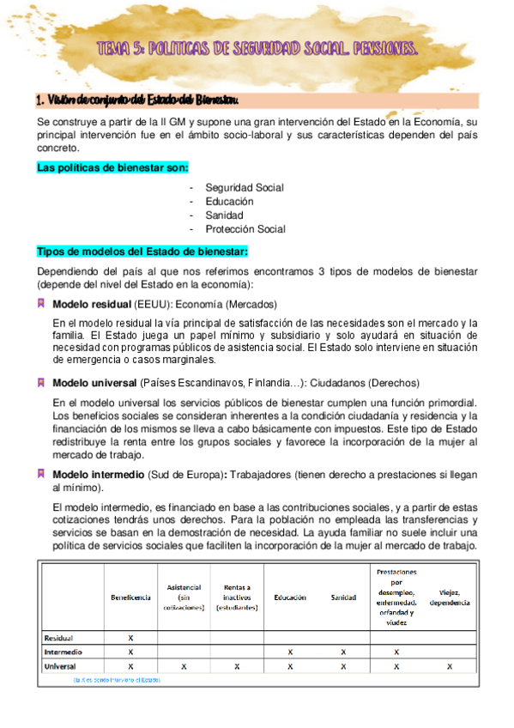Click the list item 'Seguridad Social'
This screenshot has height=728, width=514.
(x=245, y=187)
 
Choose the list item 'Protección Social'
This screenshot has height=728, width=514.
(x=245, y=229)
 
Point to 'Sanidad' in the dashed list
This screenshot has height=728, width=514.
(x=224, y=215)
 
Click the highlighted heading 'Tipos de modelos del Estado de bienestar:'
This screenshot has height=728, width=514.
(x=142, y=251)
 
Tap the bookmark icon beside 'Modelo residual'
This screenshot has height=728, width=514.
(x=41, y=305)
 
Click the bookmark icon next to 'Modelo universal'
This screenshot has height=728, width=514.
(x=41, y=382)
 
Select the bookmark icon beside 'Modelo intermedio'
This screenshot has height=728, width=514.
(x=41, y=474)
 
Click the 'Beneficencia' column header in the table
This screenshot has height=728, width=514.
(x=130, y=597)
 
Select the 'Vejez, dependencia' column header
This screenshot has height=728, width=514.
(x=450, y=597)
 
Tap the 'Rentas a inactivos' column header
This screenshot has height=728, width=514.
(x=237, y=597)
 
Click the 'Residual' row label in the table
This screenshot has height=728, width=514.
(x=58, y=638)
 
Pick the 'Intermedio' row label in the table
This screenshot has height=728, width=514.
(x=63, y=652)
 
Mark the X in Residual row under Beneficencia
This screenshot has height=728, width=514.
(x=130, y=638)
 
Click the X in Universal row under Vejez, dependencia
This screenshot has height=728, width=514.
(x=450, y=666)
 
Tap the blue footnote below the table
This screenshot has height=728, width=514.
(x=116, y=679)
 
